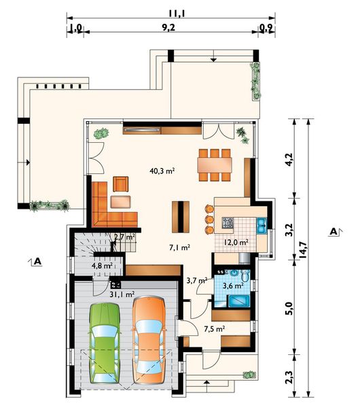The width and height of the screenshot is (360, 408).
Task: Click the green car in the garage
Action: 105,343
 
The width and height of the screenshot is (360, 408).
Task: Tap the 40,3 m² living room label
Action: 162,171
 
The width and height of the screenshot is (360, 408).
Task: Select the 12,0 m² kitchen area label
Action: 236,242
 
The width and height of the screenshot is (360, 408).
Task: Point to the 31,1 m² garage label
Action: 122,294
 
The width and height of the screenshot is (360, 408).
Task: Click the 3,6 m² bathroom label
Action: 233,286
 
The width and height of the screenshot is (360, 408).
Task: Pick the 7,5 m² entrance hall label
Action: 215,329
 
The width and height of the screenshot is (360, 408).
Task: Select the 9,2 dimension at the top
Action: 168,28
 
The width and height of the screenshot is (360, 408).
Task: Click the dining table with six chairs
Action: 215,165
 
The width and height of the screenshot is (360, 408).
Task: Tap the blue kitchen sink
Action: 262,225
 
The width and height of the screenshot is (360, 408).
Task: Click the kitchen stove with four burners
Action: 228,223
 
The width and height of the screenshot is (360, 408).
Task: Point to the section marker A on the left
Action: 37,262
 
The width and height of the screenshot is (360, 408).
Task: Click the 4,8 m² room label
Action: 102,266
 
